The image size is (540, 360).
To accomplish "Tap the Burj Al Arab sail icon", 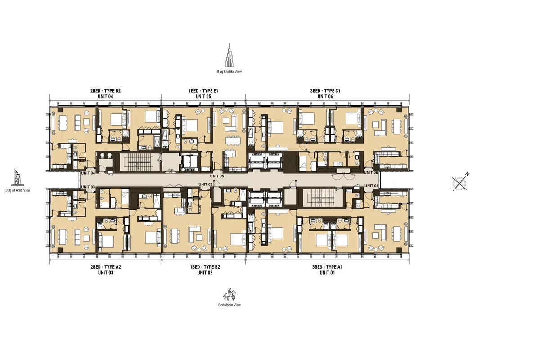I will (18, 177).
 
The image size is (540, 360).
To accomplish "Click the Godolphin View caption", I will (229, 305).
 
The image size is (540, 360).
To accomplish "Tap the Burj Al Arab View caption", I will (18, 190).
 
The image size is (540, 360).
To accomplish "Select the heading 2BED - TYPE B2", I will (105, 91).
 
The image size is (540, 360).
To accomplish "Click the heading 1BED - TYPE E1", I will (203, 91).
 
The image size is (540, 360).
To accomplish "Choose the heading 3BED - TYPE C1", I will (325, 91).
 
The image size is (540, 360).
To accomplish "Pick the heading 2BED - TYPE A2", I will (105, 267).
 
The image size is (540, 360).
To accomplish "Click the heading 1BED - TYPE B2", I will (205, 267).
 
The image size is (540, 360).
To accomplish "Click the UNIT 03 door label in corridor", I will (88, 187).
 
